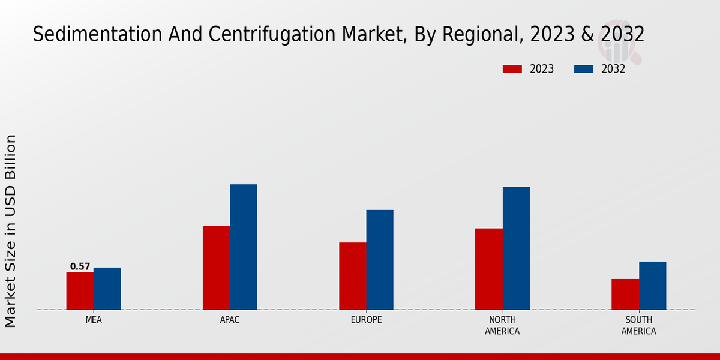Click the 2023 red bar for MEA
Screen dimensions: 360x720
point(80,291)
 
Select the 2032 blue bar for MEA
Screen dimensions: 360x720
point(107,289)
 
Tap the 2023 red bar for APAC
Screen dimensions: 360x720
point(216,268)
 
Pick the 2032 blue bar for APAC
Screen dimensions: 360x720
point(243,247)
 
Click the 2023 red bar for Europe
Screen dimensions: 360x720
point(352,276)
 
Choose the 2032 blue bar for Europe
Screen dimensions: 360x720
point(380,260)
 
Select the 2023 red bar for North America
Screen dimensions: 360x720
point(488,269)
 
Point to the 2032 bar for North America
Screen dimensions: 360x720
point(516,248)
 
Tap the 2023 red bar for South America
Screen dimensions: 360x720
point(625,294)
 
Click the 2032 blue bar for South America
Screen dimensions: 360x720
point(652,286)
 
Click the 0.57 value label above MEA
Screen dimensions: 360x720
point(80,266)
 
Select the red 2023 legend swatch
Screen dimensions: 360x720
point(512,69)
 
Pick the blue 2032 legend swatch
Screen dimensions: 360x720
point(584,69)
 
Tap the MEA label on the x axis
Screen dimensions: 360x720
point(94,320)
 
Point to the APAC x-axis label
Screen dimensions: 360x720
point(230,320)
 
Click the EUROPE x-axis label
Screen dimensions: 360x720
point(366,320)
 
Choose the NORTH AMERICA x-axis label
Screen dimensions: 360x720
point(502,325)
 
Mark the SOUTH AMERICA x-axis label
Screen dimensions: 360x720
point(638,325)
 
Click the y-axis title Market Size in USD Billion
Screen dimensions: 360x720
point(11,231)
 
